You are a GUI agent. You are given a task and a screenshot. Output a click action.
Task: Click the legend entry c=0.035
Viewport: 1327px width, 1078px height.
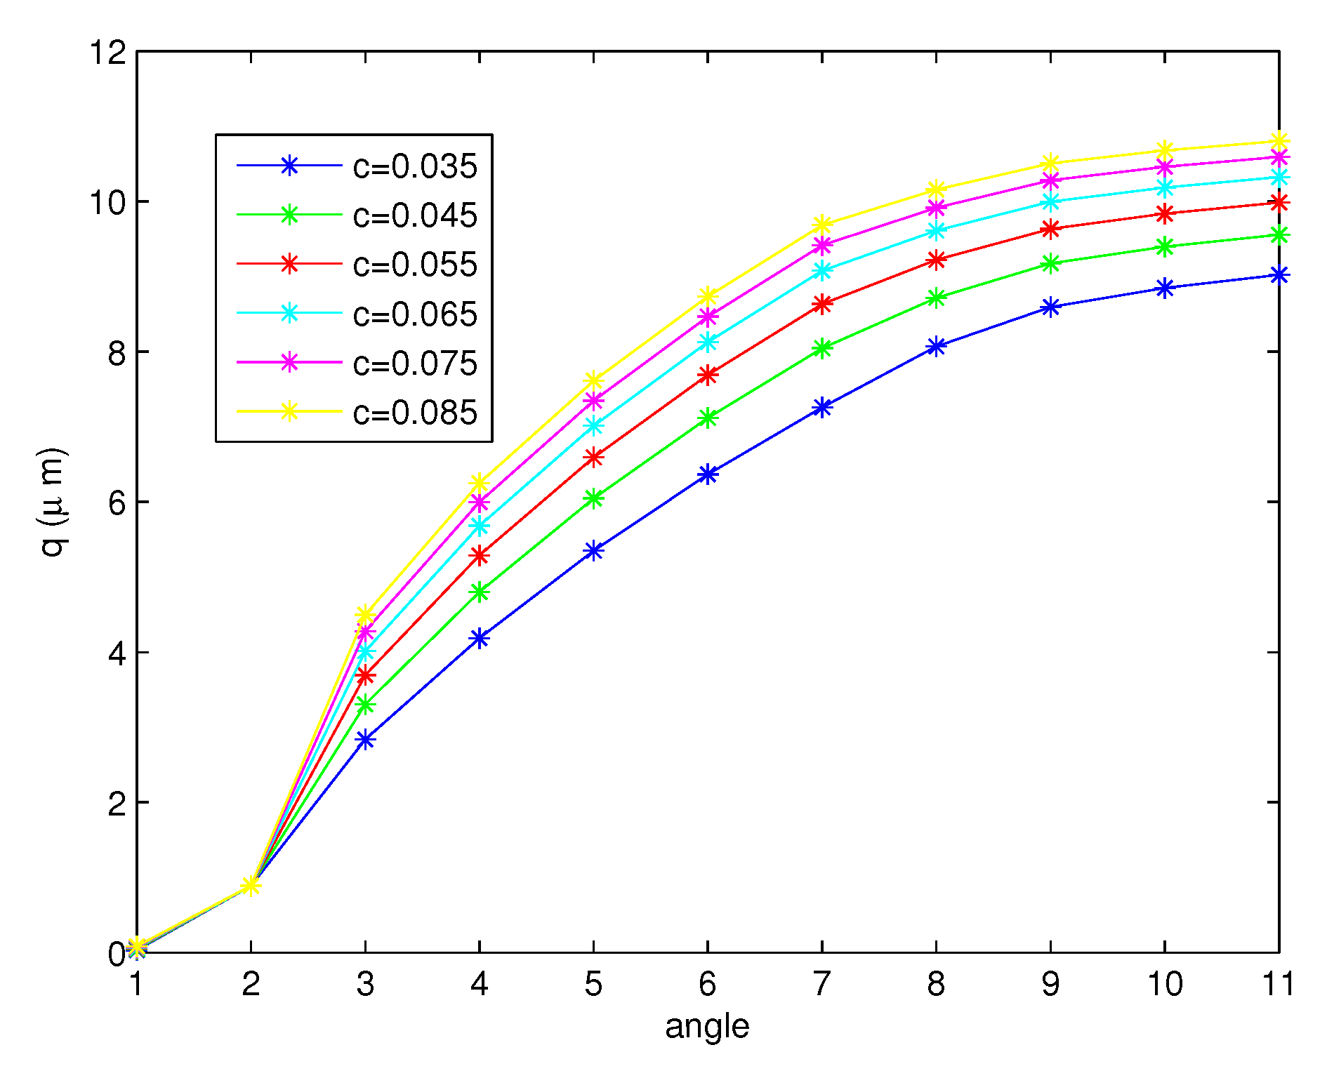pyautogui.click(x=415, y=167)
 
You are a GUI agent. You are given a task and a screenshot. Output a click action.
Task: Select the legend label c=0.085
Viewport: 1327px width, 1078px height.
pyautogui.click(x=415, y=413)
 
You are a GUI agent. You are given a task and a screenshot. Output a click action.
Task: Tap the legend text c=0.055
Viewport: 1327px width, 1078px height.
pyautogui.click(x=415, y=265)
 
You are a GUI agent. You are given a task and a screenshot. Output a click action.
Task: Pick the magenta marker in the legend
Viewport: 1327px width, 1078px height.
pyautogui.click(x=289, y=363)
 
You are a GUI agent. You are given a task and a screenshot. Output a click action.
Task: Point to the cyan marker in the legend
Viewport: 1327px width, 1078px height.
pyautogui.click(x=289, y=314)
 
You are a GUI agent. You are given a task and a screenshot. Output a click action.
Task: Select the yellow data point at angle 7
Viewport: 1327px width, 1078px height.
pyautogui.click(x=822, y=225)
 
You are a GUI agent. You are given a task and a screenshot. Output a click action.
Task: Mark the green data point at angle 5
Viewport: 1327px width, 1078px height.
pyautogui.click(x=594, y=498)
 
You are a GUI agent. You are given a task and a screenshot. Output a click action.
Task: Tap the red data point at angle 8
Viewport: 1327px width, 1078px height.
pyautogui.click(x=936, y=260)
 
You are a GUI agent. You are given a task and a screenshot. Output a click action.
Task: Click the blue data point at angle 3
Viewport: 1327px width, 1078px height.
pyautogui.click(x=365, y=739)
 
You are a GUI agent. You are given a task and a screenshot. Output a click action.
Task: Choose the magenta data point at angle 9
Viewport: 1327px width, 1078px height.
pyautogui.click(x=1050, y=180)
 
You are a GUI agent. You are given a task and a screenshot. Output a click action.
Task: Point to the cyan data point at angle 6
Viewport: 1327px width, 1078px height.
pyautogui.click(x=708, y=342)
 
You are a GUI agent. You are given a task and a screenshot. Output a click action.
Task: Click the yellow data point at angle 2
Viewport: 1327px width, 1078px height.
pyautogui.click(x=251, y=885)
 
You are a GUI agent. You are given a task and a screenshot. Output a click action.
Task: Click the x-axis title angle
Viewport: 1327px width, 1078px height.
pyautogui.click(x=707, y=1027)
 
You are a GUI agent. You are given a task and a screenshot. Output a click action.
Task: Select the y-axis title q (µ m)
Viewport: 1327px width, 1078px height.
pyautogui.click(x=53, y=501)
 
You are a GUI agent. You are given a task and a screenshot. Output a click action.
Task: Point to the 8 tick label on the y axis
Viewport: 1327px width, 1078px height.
pyautogui.click(x=117, y=352)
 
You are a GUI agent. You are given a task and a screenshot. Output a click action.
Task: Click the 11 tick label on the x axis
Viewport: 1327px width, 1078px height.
pyautogui.click(x=1278, y=984)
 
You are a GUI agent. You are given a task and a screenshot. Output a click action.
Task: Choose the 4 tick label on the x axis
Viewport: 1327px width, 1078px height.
pyautogui.click(x=480, y=984)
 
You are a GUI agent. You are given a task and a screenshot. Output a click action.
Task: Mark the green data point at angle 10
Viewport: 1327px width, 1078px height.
pyautogui.click(x=1165, y=246)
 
